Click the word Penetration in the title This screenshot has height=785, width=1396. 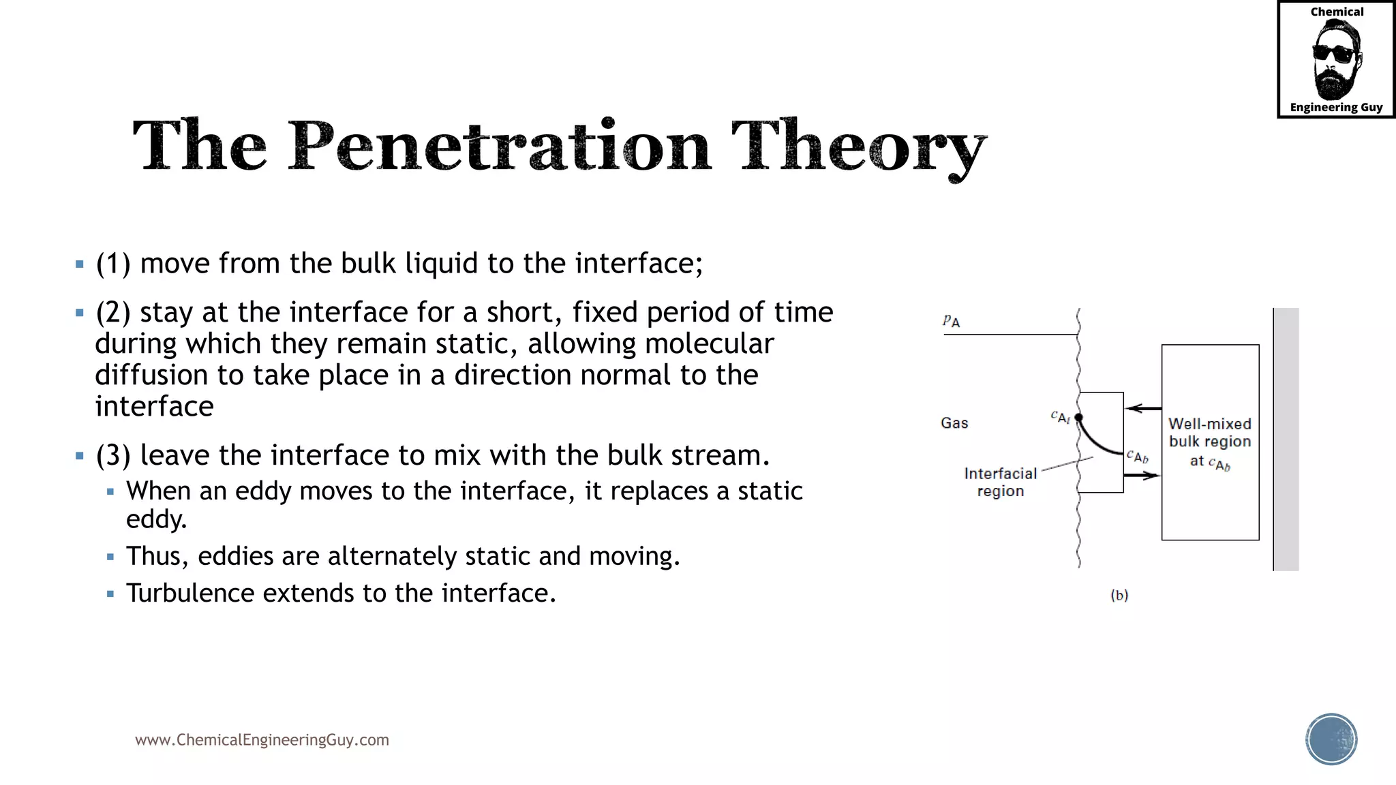(x=499, y=147)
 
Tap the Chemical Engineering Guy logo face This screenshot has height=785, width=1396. (x=1336, y=60)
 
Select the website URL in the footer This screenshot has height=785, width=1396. (x=262, y=740)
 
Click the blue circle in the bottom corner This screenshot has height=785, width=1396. (x=1331, y=739)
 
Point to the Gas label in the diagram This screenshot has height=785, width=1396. (x=954, y=423)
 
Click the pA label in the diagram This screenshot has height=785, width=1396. (x=952, y=321)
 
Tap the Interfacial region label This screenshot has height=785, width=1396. (x=1000, y=482)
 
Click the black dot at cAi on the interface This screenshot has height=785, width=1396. (x=1078, y=417)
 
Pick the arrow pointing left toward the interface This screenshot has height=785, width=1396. (x=1143, y=408)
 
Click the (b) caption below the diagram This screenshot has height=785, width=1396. (x=1119, y=595)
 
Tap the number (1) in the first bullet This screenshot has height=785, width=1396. (x=112, y=264)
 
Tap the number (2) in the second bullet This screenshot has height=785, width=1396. (x=112, y=313)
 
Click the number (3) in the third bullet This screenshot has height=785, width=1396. (x=112, y=455)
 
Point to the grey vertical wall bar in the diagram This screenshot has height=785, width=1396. (x=1286, y=440)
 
